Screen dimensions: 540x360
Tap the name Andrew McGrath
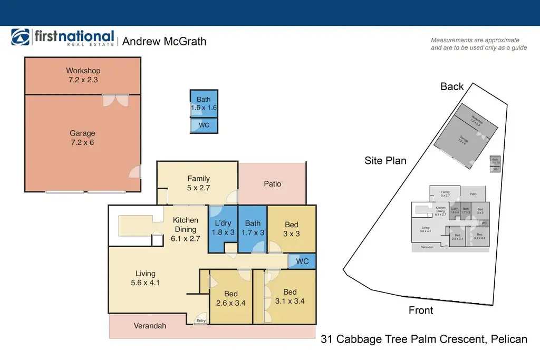(164, 41)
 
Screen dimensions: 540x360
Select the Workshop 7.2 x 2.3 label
(83, 75)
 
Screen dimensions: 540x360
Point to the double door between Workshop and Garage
(115, 99)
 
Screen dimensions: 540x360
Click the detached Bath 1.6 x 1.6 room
(204, 103)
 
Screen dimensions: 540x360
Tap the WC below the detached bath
(204, 125)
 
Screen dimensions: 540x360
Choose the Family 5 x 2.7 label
(198, 183)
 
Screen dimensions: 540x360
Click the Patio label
(272, 184)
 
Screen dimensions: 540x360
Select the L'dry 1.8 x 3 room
(223, 228)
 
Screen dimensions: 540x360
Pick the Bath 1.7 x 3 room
(253, 228)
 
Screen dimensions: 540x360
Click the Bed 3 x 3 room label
(291, 229)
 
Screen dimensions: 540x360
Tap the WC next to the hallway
(302, 261)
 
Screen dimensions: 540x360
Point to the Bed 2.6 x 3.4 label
(230, 298)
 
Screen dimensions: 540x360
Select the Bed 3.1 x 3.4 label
(290, 297)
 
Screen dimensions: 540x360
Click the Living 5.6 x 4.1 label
(145, 278)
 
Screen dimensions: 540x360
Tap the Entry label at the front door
(201, 320)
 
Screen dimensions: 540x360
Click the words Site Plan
(385, 160)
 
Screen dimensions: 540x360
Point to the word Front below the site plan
(421, 310)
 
